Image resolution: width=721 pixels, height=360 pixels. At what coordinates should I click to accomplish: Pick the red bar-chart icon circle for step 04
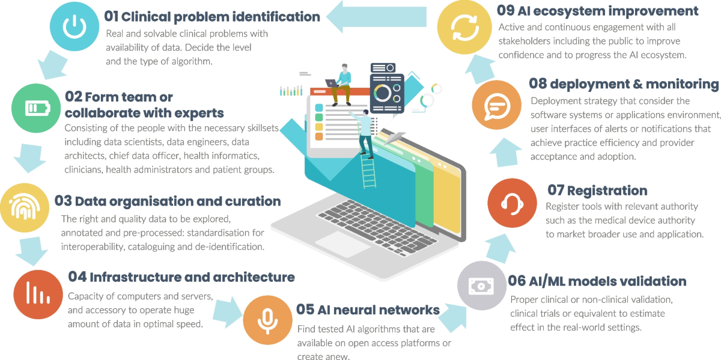coord(38,294)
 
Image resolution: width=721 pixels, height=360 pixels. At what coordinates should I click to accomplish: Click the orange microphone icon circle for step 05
coord(267,319)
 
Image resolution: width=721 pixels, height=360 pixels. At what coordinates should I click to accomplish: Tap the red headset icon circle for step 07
coord(512,202)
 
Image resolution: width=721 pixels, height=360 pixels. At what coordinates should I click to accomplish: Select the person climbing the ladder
coord(365,132)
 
